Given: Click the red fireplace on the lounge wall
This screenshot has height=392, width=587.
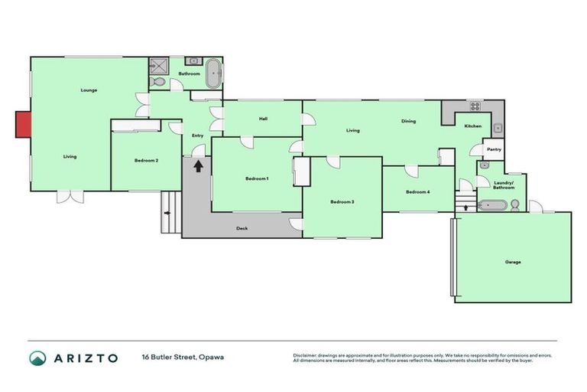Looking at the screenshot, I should pyautogui.click(x=23, y=125).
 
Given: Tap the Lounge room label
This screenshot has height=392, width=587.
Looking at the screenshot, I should pyautogui.click(x=89, y=90).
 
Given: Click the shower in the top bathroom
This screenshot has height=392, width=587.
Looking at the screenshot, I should pyautogui.click(x=158, y=64).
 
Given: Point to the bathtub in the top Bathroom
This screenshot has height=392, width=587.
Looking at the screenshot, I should pyautogui.click(x=214, y=74).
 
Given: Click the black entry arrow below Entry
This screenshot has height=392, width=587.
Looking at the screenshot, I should pyautogui.click(x=198, y=165).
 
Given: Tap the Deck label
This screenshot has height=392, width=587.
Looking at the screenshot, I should pyautogui.click(x=242, y=228).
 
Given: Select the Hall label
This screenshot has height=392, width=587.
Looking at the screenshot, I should pyautogui.click(x=263, y=119).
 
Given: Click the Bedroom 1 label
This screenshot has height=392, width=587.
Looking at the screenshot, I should pyautogui.click(x=257, y=178).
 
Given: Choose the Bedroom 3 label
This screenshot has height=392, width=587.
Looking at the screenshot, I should pyautogui.click(x=342, y=201).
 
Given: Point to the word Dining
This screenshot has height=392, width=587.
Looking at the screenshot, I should pyautogui.click(x=409, y=122).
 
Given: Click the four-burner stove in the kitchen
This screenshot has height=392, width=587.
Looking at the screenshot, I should pyautogui.click(x=474, y=106).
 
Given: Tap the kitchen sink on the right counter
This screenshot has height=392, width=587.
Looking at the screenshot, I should pyautogui.click(x=497, y=127).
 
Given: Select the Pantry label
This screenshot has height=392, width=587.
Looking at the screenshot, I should pyautogui.click(x=494, y=149).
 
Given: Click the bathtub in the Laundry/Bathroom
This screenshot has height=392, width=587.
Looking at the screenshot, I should pyautogui.click(x=491, y=205).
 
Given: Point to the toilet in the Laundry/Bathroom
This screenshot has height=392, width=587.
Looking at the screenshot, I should pyautogui.click(x=516, y=205).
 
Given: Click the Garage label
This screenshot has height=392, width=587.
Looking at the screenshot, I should pyautogui.click(x=512, y=262).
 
